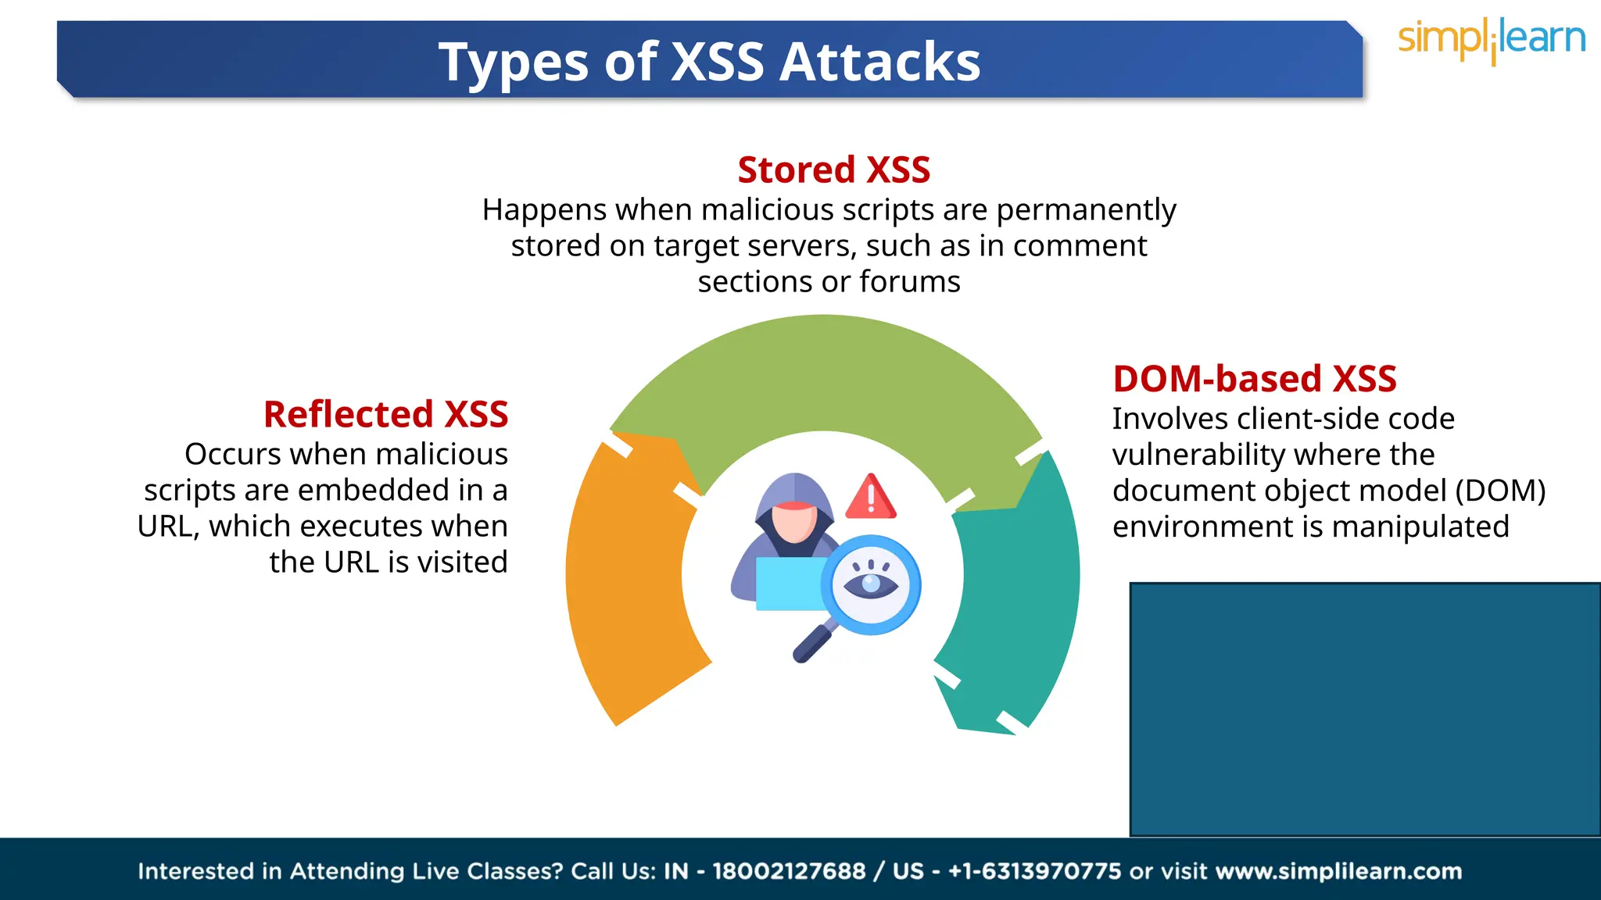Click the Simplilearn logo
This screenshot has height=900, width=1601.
(x=1492, y=41)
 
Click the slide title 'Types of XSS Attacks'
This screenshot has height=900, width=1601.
(x=709, y=62)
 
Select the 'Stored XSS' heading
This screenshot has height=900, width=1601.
(x=833, y=170)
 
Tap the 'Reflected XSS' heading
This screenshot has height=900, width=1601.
(x=385, y=414)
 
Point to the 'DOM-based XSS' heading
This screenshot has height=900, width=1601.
(x=1254, y=379)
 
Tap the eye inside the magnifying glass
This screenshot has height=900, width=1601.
(x=872, y=584)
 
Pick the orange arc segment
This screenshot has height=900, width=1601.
(x=625, y=578)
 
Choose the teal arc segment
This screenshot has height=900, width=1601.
(x=1016, y=594)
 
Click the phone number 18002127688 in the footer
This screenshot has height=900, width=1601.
(x=789, y=871)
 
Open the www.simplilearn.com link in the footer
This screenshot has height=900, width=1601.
(x=1338, y=871)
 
